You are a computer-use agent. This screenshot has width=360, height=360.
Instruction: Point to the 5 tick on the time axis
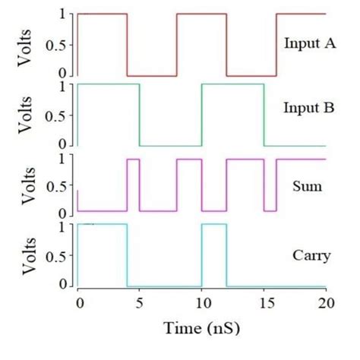pyautogui.click(x=140, y=303)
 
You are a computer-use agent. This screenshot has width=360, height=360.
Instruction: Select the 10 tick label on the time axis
pyautogui.click(x=201, y=303)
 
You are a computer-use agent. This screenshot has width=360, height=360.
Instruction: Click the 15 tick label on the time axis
pyautogui.click(x=264, y=303)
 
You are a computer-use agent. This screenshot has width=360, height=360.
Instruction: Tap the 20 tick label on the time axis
pyautogui.click(x=325, y=303)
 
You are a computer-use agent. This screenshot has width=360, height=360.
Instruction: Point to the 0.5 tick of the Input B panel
pyautogui.click(x=59, y=114)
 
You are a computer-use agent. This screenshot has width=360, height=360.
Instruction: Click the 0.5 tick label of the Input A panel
pyautogui.click(x=59, y=44)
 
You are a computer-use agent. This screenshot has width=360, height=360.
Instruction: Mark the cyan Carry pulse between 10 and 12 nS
pyautogui.click(x=214, y=225)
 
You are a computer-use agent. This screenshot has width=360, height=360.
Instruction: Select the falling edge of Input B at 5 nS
pyautogui.click(x=140, y=114)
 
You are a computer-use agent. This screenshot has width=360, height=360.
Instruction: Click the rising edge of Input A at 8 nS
pyautogui.click(x=177, y=44)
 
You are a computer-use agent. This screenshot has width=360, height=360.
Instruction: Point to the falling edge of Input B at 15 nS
pyautogui.click(x=264, y=114)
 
